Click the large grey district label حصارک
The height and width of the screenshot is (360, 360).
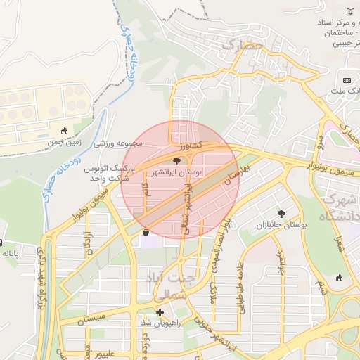[242, 46]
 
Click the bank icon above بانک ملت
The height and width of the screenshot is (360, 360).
[347, 80]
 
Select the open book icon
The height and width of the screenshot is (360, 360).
[350, 12]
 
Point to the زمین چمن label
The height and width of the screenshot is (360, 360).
[65, 142]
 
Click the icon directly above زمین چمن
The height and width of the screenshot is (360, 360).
[65, 131]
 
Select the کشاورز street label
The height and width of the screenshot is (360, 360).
[191, 145]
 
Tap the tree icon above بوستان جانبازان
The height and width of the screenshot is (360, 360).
[282, 213]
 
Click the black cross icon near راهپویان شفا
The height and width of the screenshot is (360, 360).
[160, 312]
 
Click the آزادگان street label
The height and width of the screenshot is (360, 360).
[88, 240]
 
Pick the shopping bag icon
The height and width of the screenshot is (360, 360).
[146, 232]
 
